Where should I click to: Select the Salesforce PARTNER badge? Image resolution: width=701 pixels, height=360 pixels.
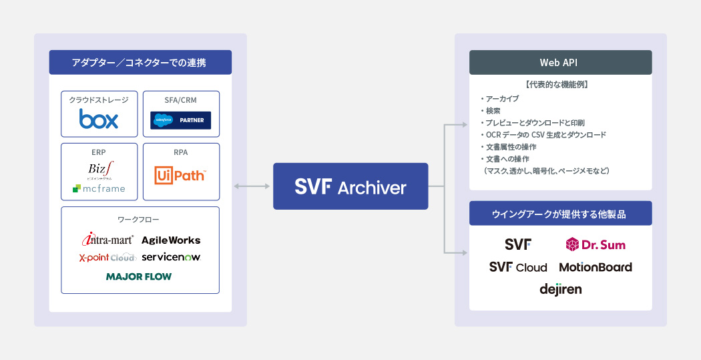coord(181,120)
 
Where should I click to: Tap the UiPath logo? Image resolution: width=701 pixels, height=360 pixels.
coord(180,175)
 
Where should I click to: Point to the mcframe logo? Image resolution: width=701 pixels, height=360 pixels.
coord(99,188)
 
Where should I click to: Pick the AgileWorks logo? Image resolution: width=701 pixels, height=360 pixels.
coord(171,240)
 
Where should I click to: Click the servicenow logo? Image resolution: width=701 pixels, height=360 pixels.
coord(171,257)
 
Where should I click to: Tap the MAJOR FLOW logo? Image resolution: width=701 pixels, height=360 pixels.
coord(139,276)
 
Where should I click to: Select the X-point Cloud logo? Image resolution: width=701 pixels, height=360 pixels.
coord(107,257)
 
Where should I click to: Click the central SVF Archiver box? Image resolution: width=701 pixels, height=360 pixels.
coord(350,186)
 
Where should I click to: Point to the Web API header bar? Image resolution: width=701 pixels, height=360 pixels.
coord(560,62)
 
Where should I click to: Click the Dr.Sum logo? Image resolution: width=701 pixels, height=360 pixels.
coord(596,244)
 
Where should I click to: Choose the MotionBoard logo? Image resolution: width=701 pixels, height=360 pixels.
coord(596,267)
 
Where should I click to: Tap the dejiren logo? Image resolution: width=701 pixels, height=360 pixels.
coord(560,289)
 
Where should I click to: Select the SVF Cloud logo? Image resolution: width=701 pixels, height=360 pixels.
coord(518,267)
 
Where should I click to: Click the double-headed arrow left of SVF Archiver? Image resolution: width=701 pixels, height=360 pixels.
coord(252,186)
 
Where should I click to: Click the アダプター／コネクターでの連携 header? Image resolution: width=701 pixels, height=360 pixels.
coord(140,62)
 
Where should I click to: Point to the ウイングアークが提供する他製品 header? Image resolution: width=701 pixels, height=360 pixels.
coord(560,214)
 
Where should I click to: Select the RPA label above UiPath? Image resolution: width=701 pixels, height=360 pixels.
coord(181,152)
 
